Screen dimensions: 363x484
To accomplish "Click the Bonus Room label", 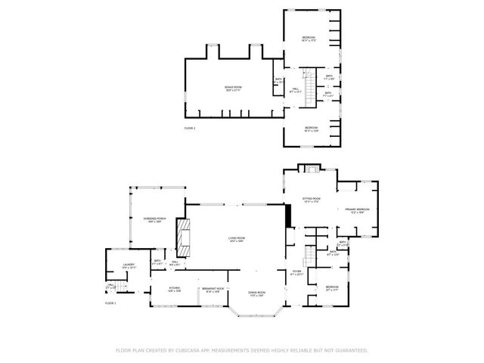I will (232, 88).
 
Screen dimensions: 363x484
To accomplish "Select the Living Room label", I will (237, 240).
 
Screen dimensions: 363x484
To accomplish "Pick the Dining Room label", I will (257, 293).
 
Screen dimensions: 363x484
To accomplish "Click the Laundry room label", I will (129, 265).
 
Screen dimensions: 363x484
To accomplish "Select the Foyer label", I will (296, 272).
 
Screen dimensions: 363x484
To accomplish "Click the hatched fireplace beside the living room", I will (184, 236).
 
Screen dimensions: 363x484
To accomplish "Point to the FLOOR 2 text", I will (190, 129).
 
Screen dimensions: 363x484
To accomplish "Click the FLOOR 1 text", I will (110, 302).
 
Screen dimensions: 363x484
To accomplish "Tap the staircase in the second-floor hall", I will (308, 80).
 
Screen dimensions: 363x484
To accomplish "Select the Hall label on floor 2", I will (295, 90).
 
